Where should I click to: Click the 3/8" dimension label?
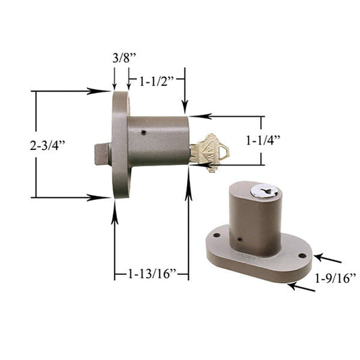[x=124, y=58]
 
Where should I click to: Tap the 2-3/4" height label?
[x=47, y=145]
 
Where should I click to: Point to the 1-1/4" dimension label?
[x=263, y=140]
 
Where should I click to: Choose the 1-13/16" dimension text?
[x=152, y=274]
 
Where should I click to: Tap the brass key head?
[x=217, y=151]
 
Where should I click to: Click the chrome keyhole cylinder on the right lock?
[x=265, y=191]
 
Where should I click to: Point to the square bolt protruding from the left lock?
[x=103, y=153]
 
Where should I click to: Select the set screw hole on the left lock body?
[x=143, y=132]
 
